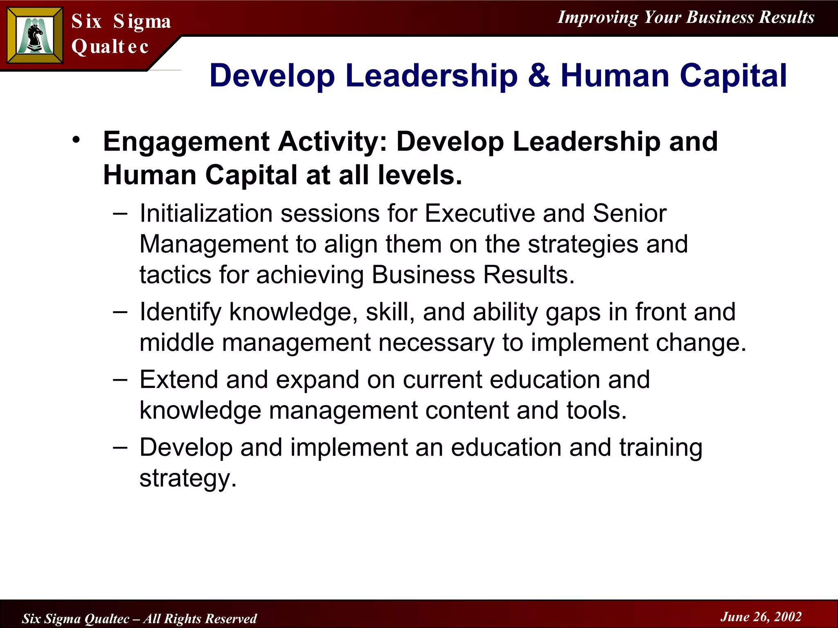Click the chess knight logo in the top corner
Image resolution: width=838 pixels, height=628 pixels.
(35, 36)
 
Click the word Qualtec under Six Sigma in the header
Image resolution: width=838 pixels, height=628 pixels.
(110, 47)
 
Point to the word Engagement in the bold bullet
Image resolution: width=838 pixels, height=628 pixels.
(186, 142)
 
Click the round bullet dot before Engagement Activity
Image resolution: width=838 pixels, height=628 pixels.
(76, 140)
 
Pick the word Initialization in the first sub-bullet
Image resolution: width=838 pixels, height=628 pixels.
(206, 213)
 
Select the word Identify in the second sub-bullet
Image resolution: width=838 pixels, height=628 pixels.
(180, 312)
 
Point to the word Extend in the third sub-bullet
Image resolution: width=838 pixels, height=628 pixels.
(178, 380)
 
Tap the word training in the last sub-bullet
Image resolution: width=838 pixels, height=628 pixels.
(661, 448)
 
